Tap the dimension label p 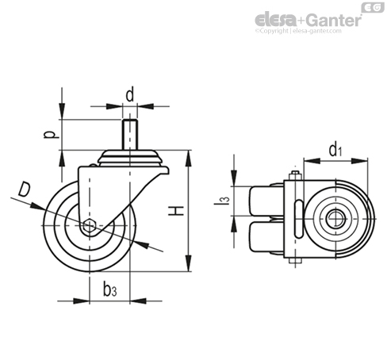pyautogui.click(x=51, y=135)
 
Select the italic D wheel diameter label pyautogui.click(x=24, y=189)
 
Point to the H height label pyautogui.click(x=176, y=211)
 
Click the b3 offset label pyautogui.click(x=110, y=289)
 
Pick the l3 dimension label pyautogui.click(x=222, y=201)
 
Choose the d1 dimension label pyautogui.click(x=335, y=150)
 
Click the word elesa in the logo pyautogui.click(x=276, y=20)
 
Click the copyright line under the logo pyautogui.click(x=298, y=31)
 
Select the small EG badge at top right pyautogui.click(x=373, y=7)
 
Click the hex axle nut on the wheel pyautogui.click(x=89, y=225)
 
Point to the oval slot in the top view pyautogui.click(x=299, y=219)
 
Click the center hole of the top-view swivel pyautogui.click(x=335, y=219)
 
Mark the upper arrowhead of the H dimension pyautogui.click(x=188, y=159)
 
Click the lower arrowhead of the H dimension pyautogui.click(x=188, y=263)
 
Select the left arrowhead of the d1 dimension pyautogui.click(x=312, y=161)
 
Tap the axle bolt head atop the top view pyautogui.click(x=295, y=176)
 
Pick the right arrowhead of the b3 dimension pyautogui.click(x=138, y=301)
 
